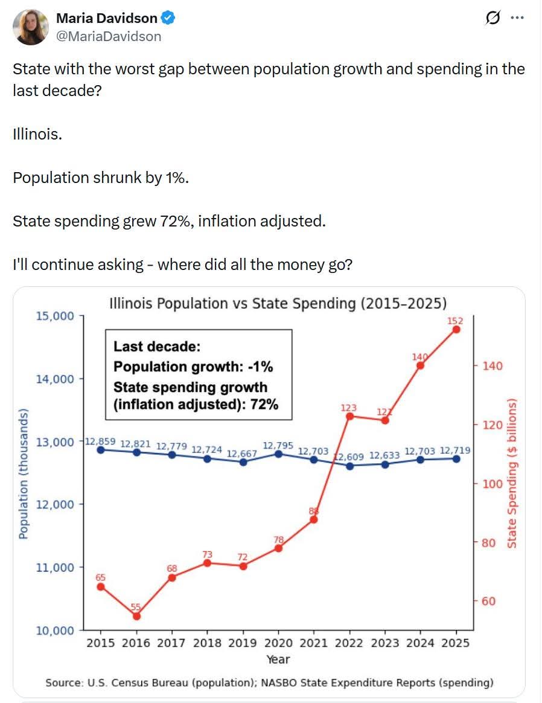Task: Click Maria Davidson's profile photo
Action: tap(30, 27)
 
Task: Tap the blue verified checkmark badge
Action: tap(168, 18)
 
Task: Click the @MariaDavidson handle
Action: tap(109, 36)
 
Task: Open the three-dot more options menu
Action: tap(517, 18)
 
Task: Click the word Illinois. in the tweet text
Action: tap(37, 134)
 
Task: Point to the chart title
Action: tap(278, 304)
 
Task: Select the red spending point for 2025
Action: tap(456, 330)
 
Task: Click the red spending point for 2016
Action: tap(136, 616)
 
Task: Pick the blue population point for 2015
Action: tap(101, 450)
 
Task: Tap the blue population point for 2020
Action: tap(278, 454)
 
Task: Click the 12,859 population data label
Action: tap(100, 441)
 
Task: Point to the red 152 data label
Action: tap(455, 321)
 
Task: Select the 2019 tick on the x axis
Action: tap(243, 643)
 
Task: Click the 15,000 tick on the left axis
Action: tap(55, 316)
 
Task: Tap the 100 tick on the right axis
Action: tap(493, 484)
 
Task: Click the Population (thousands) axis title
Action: tap(24, 473)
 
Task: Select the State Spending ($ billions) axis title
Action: tap(512, 473)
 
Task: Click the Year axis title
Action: tap(278, 660)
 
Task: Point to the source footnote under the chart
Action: tap(269, 683)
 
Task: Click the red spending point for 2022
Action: tap(350, 416)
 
